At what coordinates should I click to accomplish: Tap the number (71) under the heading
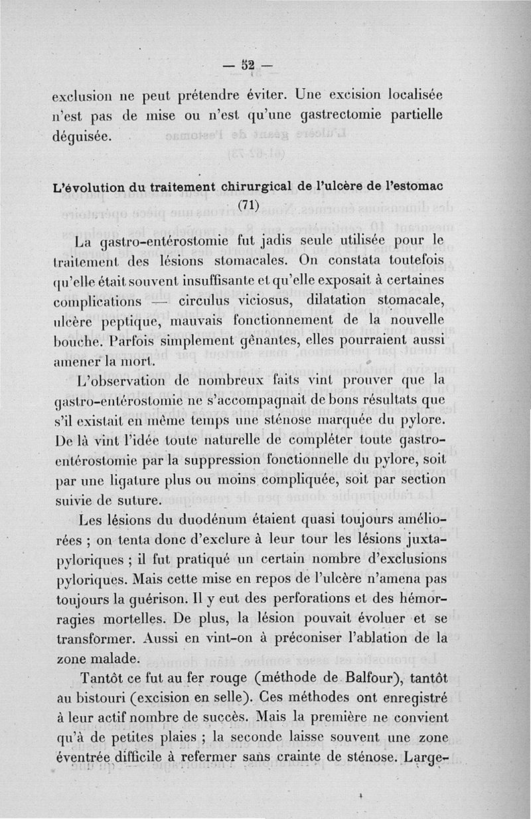click(246, 205)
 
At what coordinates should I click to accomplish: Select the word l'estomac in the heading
click(409, 187)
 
